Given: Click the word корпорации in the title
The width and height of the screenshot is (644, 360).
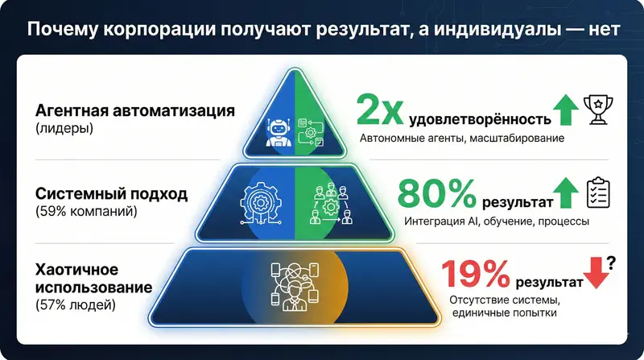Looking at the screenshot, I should click(161, 31).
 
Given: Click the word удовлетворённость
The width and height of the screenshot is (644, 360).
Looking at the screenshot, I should click(481, 119).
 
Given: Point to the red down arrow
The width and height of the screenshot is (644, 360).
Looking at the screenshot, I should click(595, 275).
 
